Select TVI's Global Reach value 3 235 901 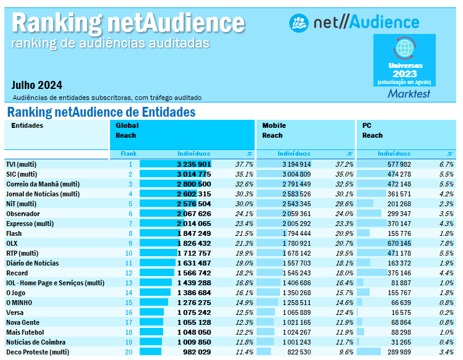pos(193,164)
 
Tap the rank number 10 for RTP pos(129,253)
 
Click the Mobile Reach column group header pos(274,130)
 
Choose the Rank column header pos(129,153)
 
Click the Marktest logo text pos(409,94)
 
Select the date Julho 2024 pos(36,85)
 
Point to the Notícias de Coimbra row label pos(35,342)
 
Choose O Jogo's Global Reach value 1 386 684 pos(193,293)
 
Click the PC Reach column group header pos(372,130)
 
